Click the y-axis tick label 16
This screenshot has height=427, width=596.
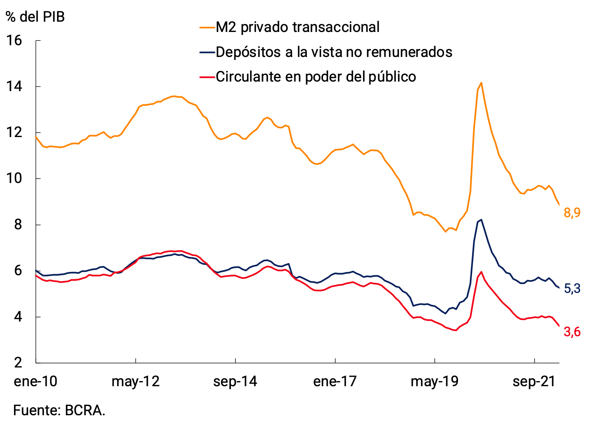click(x=14, y=40)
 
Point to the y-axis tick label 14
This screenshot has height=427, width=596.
click(x=14, y=87)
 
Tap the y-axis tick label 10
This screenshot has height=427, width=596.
click(x=14, y=179)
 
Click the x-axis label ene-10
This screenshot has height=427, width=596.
click(x=36, y=381)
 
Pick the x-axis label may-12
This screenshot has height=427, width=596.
click(x=135, y=381)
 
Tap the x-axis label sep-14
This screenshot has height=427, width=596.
click(x=235, y=381)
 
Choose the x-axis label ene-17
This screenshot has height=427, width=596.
click(x=335, y=381)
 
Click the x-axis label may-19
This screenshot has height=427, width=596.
click(x=434, y=381)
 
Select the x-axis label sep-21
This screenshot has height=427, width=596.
click(x=534, y=381)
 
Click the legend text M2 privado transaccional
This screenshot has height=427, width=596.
click(x=297, y=27)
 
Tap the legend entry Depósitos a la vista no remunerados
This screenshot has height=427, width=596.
click(x=334, y=52)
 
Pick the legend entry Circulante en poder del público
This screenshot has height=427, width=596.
click(x=316, y=77)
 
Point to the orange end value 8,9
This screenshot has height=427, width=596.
click(x=572, y=212)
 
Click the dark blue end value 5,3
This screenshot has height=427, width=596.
click(x=572, y=289)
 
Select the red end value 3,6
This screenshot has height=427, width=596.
click(x=572, y=332)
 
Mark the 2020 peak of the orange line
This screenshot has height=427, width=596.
click(x=481, y=83)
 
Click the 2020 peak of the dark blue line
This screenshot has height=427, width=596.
click(x=481, y=220)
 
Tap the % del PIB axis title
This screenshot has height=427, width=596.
click(x=35, y=17)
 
